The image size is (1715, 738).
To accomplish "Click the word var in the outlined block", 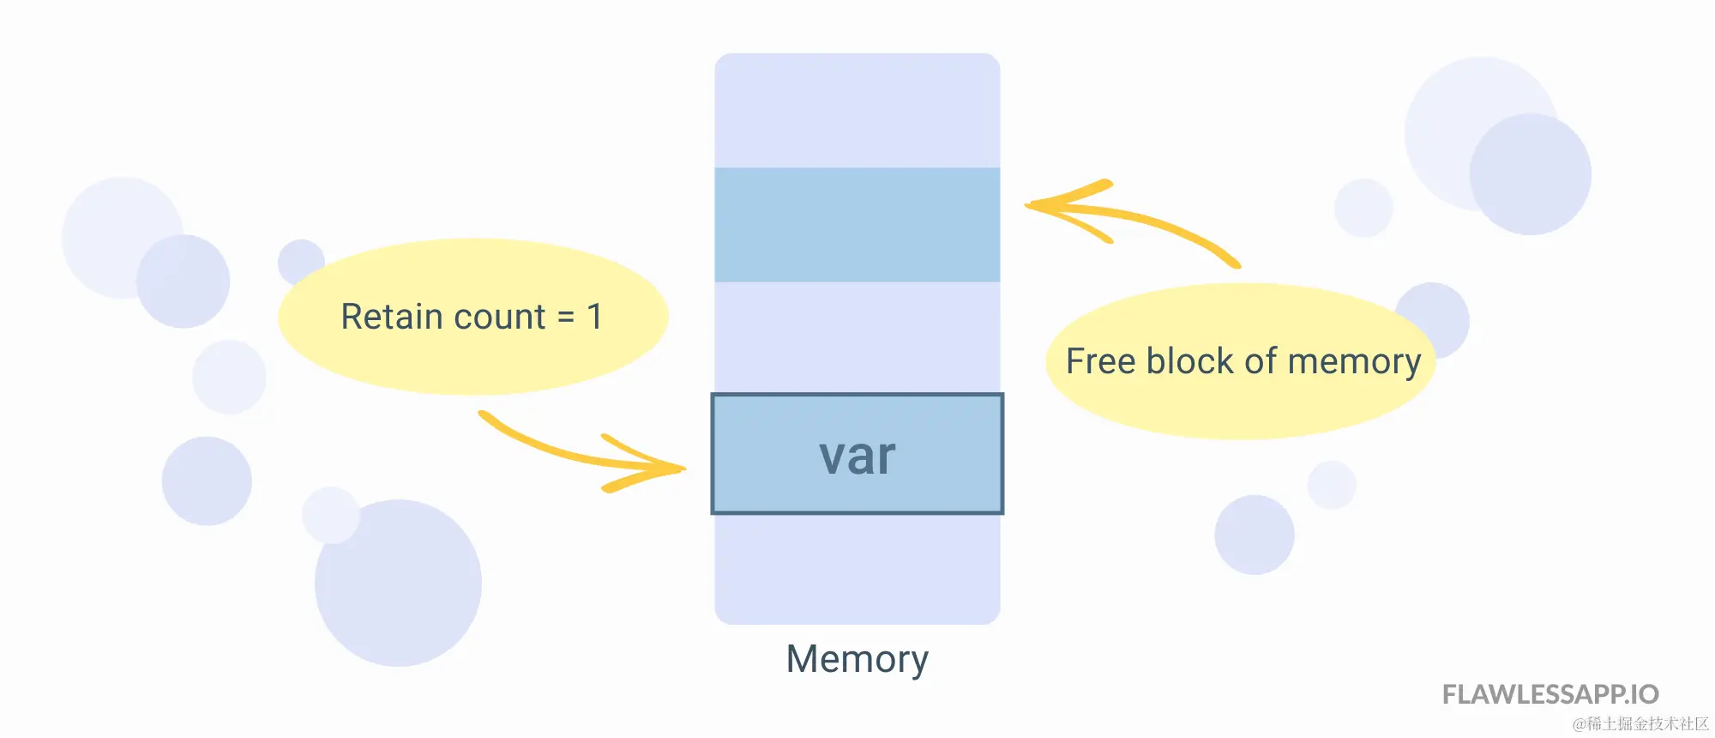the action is (x=857, y=457).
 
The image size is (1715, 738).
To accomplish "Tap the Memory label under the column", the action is (x=857, y=660).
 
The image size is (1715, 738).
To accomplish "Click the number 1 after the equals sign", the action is (x=594, y=317).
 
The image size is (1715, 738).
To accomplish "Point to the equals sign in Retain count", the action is (x=566, y=318).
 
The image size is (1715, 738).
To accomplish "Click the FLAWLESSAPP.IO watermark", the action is (x=1550, y=694).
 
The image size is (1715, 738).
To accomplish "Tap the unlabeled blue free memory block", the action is (x=857, y=225).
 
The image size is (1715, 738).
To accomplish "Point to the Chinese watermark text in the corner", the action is (x=1640, y=724).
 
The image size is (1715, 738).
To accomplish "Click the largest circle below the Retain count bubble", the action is (x=398, y=584).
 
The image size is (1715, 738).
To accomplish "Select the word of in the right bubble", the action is (x=1261, y=360).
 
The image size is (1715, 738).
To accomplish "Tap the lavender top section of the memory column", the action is (x=857, y=111).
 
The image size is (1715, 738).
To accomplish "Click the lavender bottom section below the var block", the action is (x=857, y=569).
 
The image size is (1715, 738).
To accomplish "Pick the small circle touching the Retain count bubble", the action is (x=301, y=262).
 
